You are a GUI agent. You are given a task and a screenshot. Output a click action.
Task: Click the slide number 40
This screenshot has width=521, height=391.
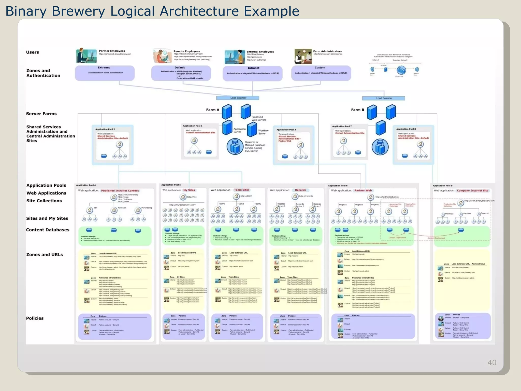point(491,362)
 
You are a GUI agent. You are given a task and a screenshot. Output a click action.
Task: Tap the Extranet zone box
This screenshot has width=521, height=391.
point(105,73)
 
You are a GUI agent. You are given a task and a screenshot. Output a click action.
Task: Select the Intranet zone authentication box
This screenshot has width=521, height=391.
point(253,73)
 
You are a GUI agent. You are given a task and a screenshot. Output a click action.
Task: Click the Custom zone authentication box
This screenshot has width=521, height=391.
point(321,73)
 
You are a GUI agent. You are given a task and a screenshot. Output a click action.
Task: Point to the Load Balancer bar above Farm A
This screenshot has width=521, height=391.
point(238,98)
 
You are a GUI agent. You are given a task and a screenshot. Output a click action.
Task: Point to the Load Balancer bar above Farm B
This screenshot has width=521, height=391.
point(384,98)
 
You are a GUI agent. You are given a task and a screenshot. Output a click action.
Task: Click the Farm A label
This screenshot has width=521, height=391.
point(212,110)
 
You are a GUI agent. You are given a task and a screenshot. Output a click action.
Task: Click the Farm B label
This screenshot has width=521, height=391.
point(357,110)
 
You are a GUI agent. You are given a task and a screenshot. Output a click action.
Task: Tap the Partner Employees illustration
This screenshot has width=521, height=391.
point(86,55)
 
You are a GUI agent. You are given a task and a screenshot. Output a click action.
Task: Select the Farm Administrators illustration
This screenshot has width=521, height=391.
point(303,57)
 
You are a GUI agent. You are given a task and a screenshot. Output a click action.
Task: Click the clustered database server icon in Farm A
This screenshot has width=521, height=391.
point(235,146)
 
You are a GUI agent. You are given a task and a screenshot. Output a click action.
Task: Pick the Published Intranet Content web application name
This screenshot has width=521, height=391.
point(120,191)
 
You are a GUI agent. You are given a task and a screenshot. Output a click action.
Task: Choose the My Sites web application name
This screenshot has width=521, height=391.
point(189,190)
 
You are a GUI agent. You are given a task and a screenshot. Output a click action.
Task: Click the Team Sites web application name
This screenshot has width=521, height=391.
point(242,190)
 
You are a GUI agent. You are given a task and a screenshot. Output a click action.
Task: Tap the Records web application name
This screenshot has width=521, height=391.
point(300,190)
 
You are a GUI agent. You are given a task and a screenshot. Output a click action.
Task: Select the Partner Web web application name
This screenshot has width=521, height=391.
point(363,190)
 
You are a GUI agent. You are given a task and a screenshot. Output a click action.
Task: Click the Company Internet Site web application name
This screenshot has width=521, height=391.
point(472,190)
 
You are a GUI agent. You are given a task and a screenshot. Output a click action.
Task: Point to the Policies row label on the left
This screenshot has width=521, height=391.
point(35,318)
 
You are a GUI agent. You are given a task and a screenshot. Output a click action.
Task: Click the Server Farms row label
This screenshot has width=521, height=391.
point(41,114)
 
